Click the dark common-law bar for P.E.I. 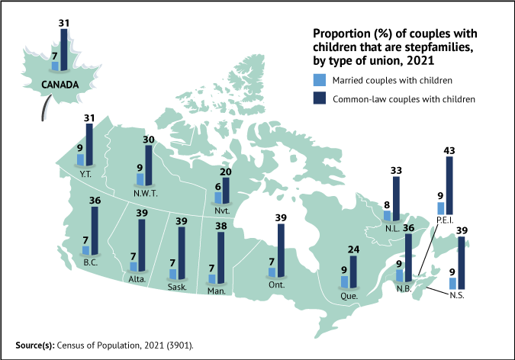tap(449, 186)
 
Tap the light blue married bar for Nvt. tap(217, 198)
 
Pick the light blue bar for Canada tap(55, 66)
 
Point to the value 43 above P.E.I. tap(449, 151)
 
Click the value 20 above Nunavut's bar tap(226, 172)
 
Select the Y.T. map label tap(85, 172)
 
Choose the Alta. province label tap(139, 279)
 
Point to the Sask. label tap(177, 287)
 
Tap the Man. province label tap(216, 291)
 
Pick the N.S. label tap(456, 294)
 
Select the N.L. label tap(391, 227)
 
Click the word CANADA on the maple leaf tap(60, 85)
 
